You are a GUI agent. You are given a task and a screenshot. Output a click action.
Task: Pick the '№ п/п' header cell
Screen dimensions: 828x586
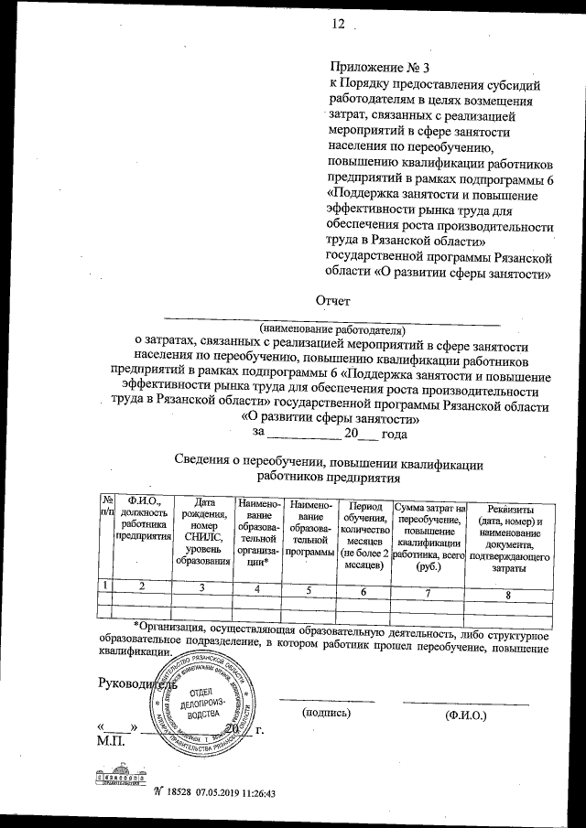pos(107,506)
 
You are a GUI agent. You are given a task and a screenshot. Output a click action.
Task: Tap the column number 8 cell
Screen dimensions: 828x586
pos(509,596)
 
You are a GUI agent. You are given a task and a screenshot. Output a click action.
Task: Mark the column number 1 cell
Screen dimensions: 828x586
pos(107,584)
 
